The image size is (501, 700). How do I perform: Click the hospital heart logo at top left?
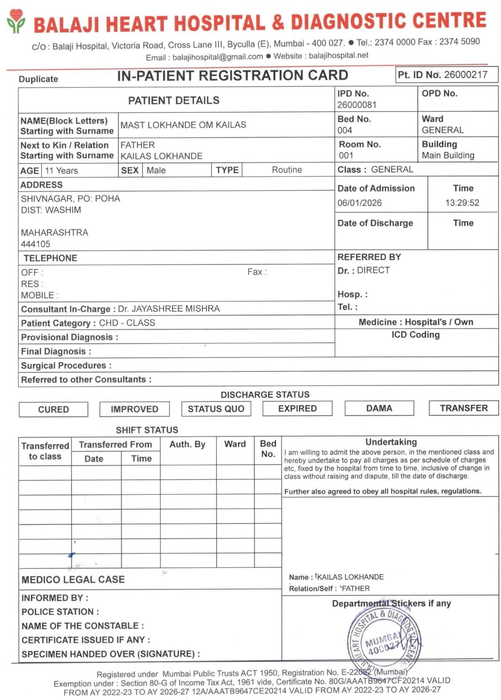point(16,21)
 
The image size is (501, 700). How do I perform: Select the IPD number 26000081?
point(357,104)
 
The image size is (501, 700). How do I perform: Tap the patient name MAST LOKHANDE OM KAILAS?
point(183,125)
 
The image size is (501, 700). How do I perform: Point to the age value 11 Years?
point(61,171)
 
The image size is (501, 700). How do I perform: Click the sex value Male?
point(156,170)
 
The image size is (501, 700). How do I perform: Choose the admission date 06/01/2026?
point(359,203)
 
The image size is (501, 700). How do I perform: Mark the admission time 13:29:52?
point(462,203)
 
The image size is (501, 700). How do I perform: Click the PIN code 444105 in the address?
point(36,244)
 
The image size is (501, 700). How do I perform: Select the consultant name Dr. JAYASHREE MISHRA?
point(169,309)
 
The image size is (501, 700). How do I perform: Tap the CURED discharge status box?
point(53,409)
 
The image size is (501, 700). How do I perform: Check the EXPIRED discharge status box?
point(297,409)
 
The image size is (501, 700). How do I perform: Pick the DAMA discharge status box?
point(379,408)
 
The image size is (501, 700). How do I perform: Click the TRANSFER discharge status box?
point(464,408)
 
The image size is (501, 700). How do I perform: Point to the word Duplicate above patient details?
point(38,79)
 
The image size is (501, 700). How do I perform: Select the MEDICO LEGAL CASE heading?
point(73,580)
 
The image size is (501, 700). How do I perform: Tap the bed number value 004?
point(344,130)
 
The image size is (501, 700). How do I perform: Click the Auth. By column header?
point(187,444)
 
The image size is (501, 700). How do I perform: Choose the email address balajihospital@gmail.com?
point(217,57)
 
